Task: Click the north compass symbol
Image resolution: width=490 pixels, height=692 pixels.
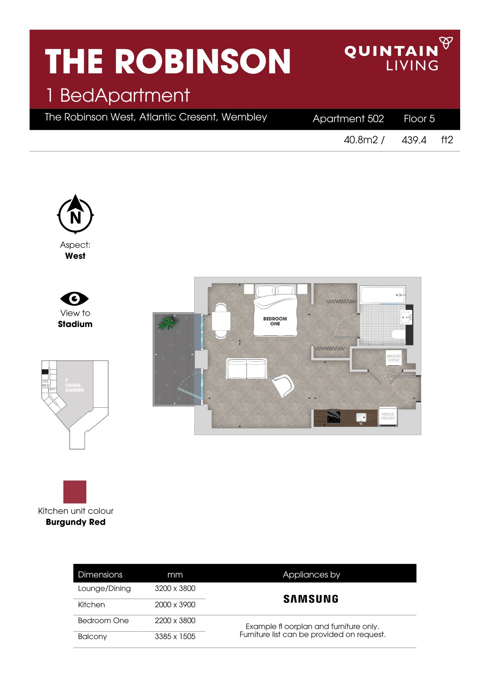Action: [76, 214]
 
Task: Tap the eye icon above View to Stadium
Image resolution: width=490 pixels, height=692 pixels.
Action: [75, 299]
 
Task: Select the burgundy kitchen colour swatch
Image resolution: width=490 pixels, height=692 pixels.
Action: [75, 492]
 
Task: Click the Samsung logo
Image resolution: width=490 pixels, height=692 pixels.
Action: [311, 599]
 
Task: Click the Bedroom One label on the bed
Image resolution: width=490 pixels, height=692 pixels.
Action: [275, 321]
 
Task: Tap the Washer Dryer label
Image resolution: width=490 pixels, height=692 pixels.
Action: [394, 358]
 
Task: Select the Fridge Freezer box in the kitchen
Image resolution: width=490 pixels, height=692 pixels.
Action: [388, 417]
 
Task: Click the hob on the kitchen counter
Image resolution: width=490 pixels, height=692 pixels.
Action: [334, 417]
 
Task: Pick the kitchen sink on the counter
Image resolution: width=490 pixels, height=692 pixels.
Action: [361, 418]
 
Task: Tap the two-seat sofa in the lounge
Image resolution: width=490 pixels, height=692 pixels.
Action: [246, 368]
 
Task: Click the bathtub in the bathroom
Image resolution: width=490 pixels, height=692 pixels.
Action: [382, 295]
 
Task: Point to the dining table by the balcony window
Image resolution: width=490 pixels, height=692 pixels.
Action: [221, 321]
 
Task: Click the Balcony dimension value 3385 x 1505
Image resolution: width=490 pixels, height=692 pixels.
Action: [175, 636]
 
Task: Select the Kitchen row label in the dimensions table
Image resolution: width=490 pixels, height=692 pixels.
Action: [91, 604]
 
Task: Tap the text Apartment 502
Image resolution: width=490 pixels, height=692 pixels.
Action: [348, 119]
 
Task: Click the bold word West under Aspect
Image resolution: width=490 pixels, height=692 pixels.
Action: [75, 256]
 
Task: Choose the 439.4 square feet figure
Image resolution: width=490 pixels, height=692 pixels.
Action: [414, 140]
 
